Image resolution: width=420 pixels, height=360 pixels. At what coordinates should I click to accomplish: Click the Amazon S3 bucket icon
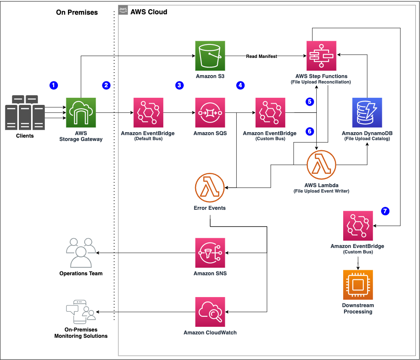pos(210,55)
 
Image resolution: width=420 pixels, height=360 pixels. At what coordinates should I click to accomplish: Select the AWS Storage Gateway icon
pos(81,112)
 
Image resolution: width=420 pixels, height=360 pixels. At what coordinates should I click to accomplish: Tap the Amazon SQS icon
pos(210,112)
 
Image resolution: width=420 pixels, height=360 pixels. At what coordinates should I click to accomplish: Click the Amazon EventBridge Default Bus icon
pos(148,112)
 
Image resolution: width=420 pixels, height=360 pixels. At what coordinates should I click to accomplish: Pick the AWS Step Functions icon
pos(321,55)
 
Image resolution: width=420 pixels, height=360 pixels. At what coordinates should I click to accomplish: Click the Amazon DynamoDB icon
pos(367,112)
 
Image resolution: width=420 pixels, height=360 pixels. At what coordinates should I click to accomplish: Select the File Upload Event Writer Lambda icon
pos(321,165)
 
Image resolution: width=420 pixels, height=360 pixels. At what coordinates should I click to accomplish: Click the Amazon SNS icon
pos(210,253)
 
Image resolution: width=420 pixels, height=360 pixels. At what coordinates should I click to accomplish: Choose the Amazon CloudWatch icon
pos(210,312)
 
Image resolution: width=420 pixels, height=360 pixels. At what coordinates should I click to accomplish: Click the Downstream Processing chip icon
pos(358,284)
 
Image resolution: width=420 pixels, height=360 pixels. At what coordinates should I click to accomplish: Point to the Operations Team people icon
pos(81,253)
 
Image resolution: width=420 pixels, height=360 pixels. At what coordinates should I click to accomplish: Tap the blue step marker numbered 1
pos(53,85)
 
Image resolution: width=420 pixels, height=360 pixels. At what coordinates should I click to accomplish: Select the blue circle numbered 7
pos(385,211)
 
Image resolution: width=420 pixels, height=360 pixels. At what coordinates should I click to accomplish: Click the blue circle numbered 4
pos(240,85)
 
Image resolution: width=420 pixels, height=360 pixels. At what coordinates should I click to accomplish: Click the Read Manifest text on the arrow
pos(261,56)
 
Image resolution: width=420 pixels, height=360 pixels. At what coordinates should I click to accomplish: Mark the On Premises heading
pos(77,13)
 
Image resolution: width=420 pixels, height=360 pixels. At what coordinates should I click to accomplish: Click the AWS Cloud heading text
pos(149,12)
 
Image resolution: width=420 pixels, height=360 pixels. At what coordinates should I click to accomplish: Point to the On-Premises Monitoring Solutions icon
pos(81,312)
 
